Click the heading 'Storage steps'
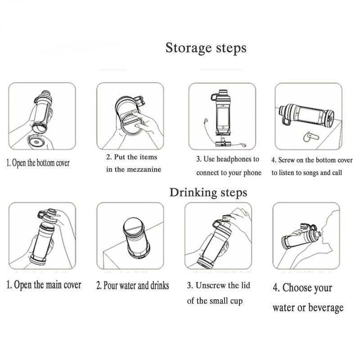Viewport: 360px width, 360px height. (206, 48)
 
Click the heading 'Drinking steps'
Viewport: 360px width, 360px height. (208, 193)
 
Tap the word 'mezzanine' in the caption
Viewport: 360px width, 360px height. (144, 170)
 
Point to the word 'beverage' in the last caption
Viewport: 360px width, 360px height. (325, 308)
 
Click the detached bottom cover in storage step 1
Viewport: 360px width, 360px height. (36, 141)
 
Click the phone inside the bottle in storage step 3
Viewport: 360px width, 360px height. (223, 118)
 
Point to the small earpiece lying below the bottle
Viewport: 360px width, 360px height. (310, 136)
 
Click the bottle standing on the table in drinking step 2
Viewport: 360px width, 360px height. (136, 237)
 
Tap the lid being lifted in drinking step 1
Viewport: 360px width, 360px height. (48, 216)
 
